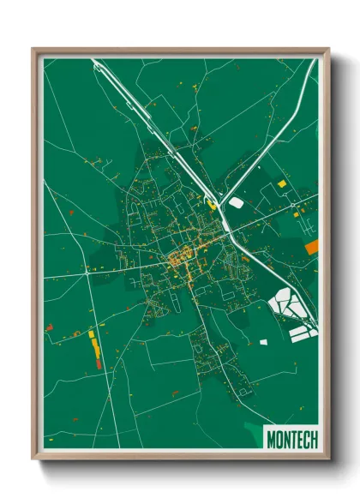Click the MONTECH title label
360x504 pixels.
(x=292, y=440)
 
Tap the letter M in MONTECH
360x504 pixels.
(x=272, y=440)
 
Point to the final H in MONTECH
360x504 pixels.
(x=313, y=440)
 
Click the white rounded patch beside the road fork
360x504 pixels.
(x=236, y=203)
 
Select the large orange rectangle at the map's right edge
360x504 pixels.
(x=311, y=247)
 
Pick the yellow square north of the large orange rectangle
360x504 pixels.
(x=281, y=183)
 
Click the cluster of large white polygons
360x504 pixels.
(x=286, y=304)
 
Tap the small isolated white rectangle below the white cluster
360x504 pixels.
(x=264, y=342)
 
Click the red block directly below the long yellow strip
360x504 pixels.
(x=98, y=364)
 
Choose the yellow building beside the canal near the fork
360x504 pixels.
(x=211, y=203)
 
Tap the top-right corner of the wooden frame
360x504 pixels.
(x=328, y=50)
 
